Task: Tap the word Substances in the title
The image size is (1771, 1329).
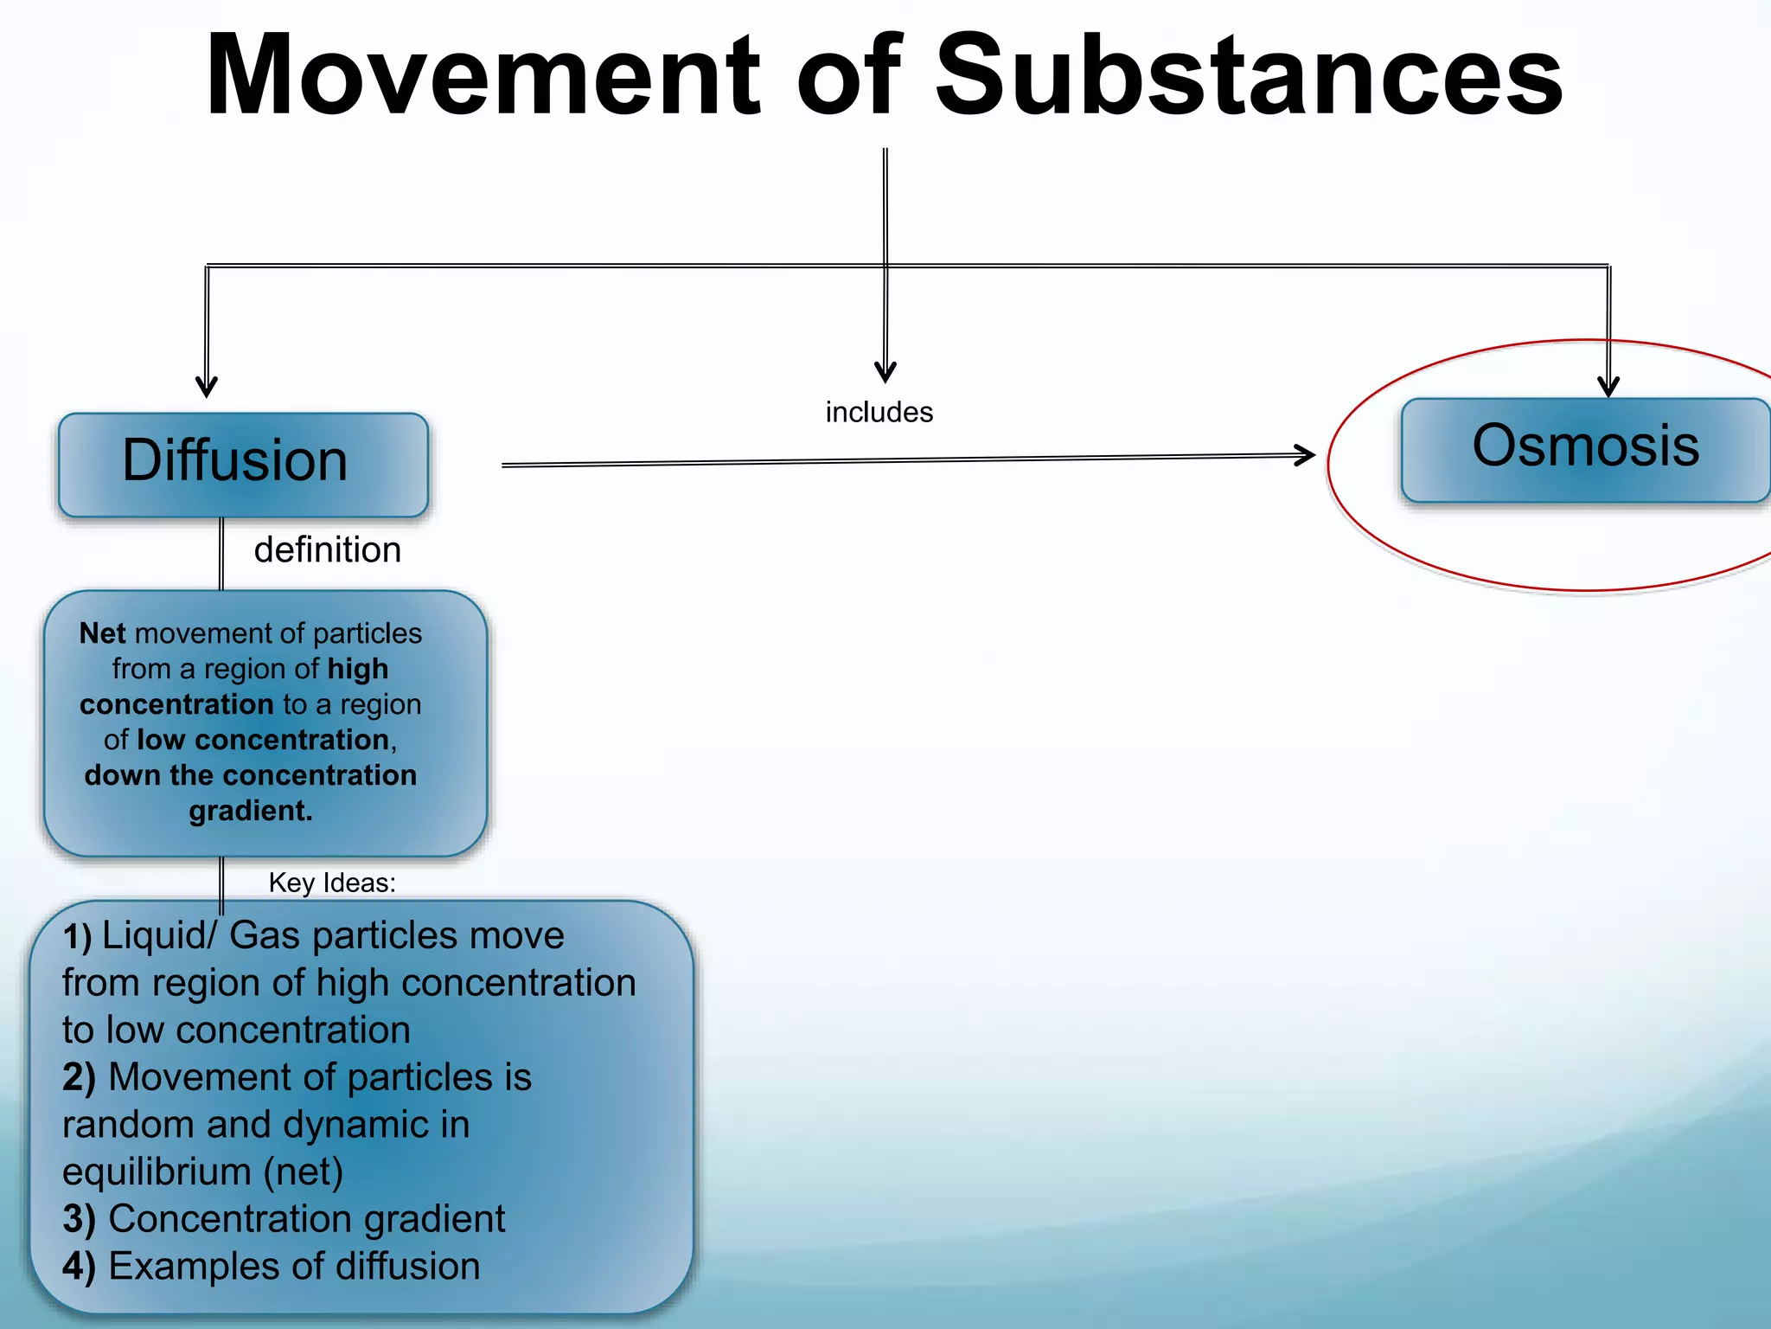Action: pyautogui.click(x=1249, y=76)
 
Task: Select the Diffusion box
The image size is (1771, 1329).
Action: pyautogui.click(x=243, y=465)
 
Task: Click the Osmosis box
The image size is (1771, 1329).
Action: pyautogui.click(x=1585, y=450)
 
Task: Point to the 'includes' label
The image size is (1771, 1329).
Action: pyautogui.click(x=879, y=413)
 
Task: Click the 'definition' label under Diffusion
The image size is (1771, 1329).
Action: pyautogui.click(x=327, y=550)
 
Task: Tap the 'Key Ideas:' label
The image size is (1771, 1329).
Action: pyautogui.click(x=332, y=883)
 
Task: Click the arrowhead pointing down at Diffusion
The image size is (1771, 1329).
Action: pyautogui.click(x=206, y=387)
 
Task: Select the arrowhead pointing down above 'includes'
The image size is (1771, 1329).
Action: pyautogui.click(x=885, y=372)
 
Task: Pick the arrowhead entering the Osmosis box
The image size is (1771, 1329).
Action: pyautogui.click(x=1608, y=386)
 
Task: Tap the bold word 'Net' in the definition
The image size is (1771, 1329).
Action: pyautogui.click(x=102, y=633)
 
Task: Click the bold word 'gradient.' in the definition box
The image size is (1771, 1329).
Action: pyautogui.click(x=251, y=811)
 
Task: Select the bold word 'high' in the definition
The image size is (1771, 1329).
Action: pyautogui.click(x=357, y=669)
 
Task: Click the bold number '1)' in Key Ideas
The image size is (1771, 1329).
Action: pyautogui.click(x=77, y=937)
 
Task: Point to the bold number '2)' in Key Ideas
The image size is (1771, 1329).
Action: pyautogui.click(x=79, y=1078)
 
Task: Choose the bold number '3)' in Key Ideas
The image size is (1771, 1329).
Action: pyautogui.click(x=79, y=1219)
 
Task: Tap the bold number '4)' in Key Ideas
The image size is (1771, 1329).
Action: pyautogui.click(x=79, y=1267)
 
